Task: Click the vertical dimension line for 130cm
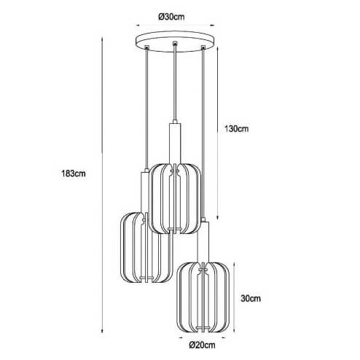pos(216,131)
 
